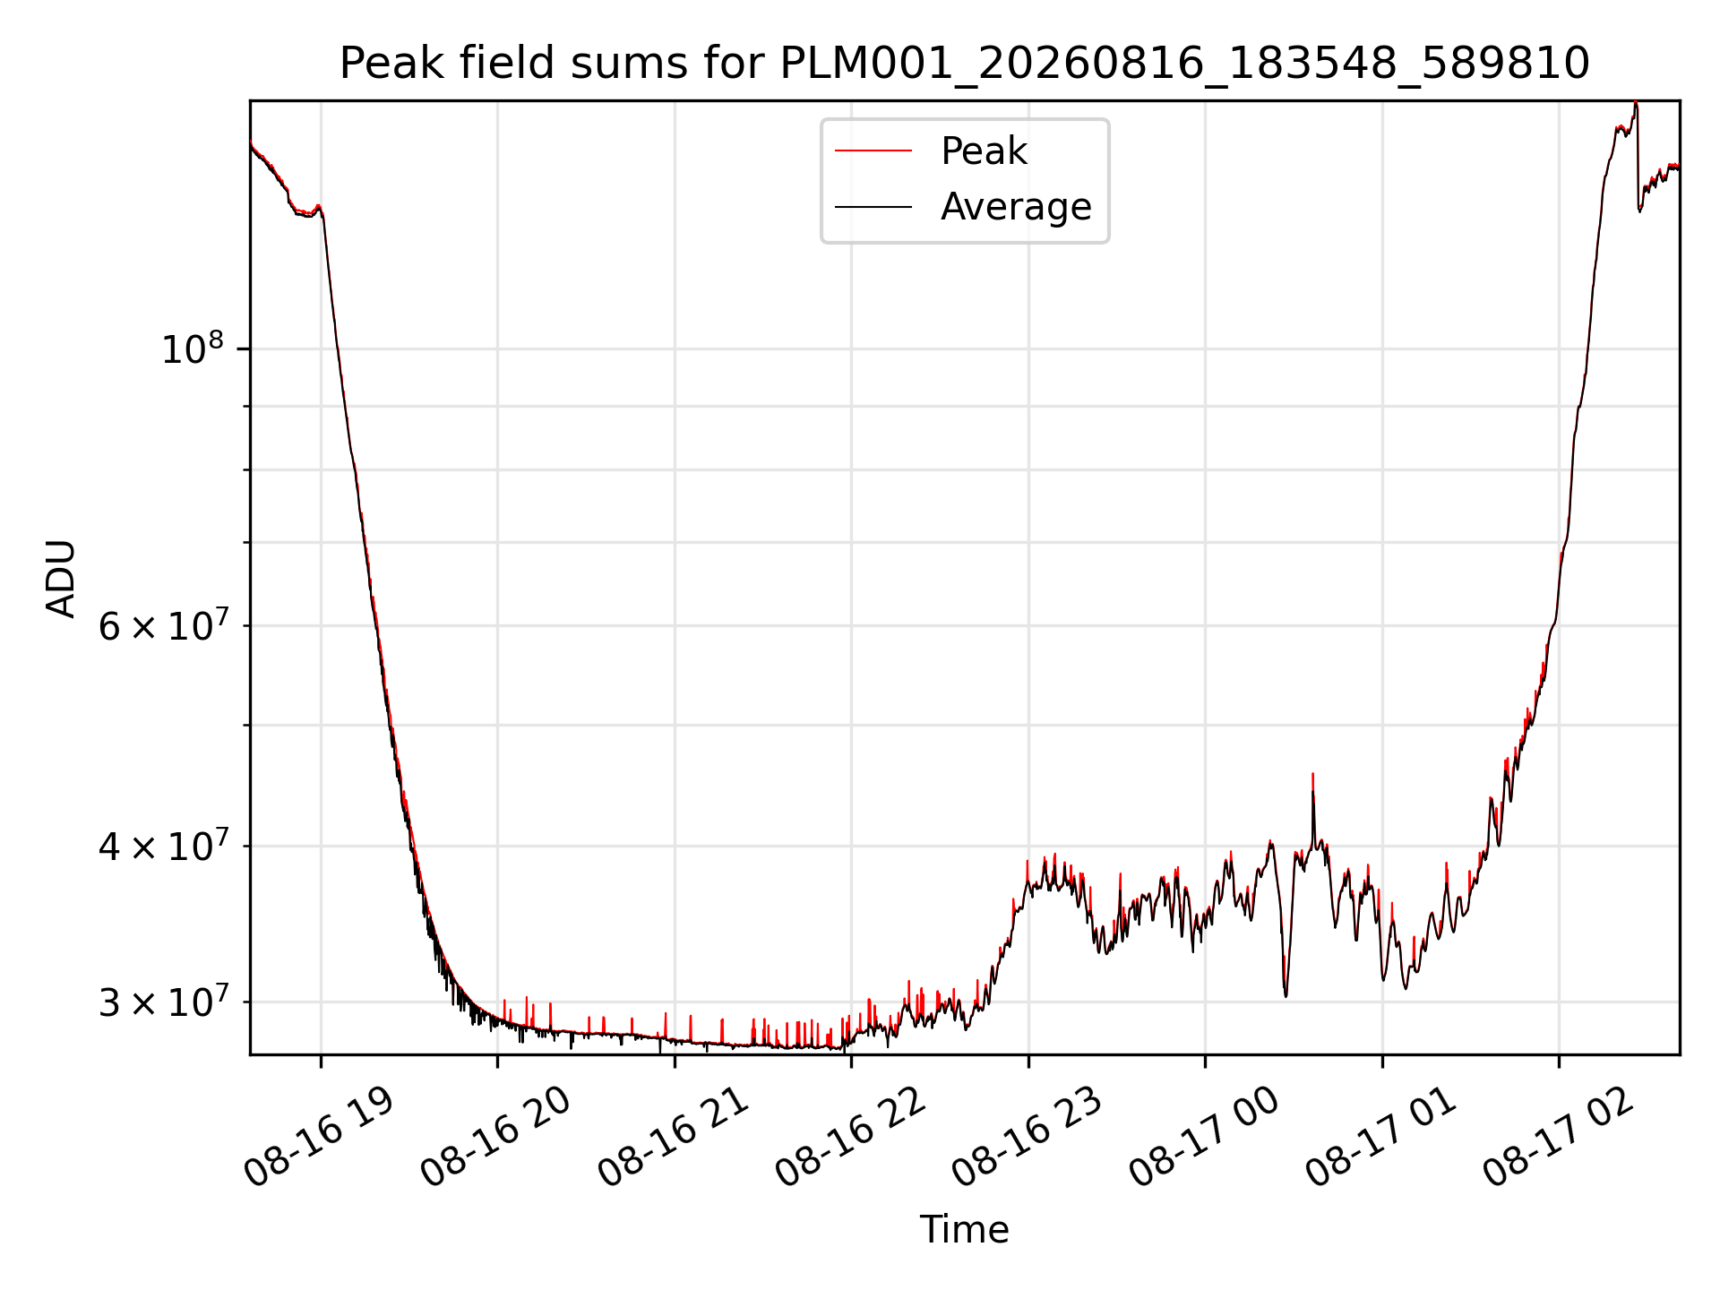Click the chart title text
point(964,64)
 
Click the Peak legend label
point(984,151)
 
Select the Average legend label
point(1016,207)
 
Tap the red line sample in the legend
point(873,151)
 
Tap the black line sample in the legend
point(873,207)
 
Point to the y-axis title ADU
point(61,579)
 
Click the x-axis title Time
point(964,1230)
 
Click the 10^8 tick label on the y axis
point(192,348)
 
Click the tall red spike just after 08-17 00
point(1312,806)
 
